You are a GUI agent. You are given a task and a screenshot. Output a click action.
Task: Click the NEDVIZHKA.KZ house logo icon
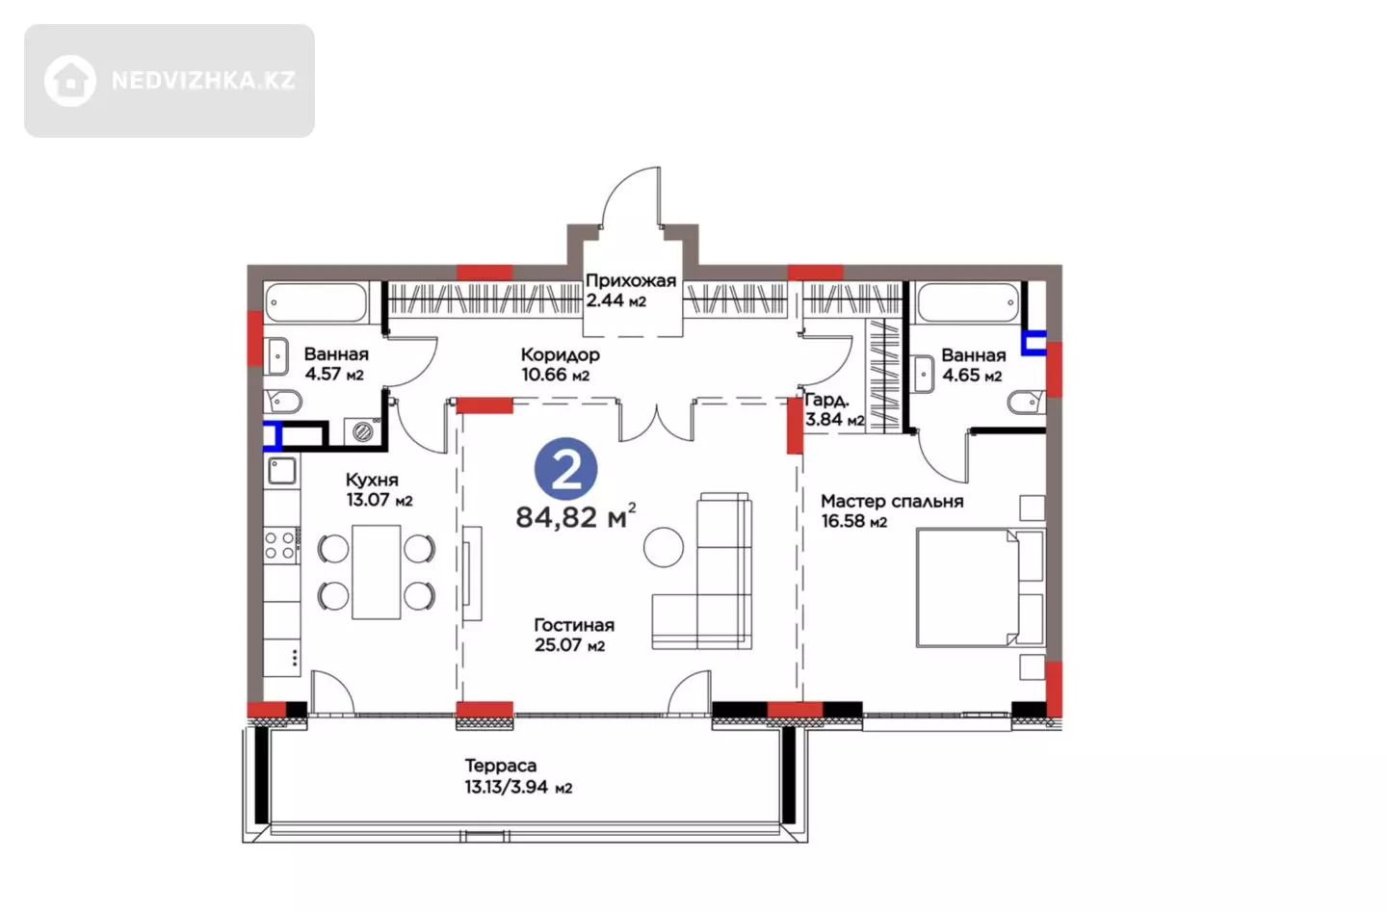(70, 81)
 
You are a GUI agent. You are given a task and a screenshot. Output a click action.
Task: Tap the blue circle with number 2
(566, 469)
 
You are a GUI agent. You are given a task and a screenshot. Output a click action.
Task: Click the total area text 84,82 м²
(576, 516)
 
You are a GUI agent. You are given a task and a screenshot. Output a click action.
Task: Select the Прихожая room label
(630, 281)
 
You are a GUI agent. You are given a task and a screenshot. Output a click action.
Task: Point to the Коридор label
(560, 354)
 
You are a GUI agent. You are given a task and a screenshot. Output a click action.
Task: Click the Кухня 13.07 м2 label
(379, 490)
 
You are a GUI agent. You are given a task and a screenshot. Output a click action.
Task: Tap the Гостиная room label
(574, 625)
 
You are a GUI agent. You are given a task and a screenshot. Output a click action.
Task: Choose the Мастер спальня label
(892, 502)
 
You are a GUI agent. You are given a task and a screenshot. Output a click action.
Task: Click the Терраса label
(500, 766)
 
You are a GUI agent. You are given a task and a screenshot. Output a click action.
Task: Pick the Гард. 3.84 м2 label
(834, 410)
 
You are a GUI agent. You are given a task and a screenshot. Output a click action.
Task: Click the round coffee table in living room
(663, 547)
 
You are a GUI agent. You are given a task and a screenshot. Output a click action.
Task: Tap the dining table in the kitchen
(376, 572)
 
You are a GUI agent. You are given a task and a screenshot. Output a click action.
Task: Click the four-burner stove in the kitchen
(281, 545)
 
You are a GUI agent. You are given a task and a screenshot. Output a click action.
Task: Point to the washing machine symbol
(363, 430)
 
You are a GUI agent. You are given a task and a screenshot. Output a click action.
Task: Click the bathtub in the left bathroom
(316, 302)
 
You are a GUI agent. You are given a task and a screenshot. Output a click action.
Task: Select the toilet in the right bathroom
(1026, 403)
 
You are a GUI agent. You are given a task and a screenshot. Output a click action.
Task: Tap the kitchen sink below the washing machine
(281, 470)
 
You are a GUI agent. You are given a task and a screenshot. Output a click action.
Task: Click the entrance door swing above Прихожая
(630, 196)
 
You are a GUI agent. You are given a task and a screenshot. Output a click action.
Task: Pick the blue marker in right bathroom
(1034, 343)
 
